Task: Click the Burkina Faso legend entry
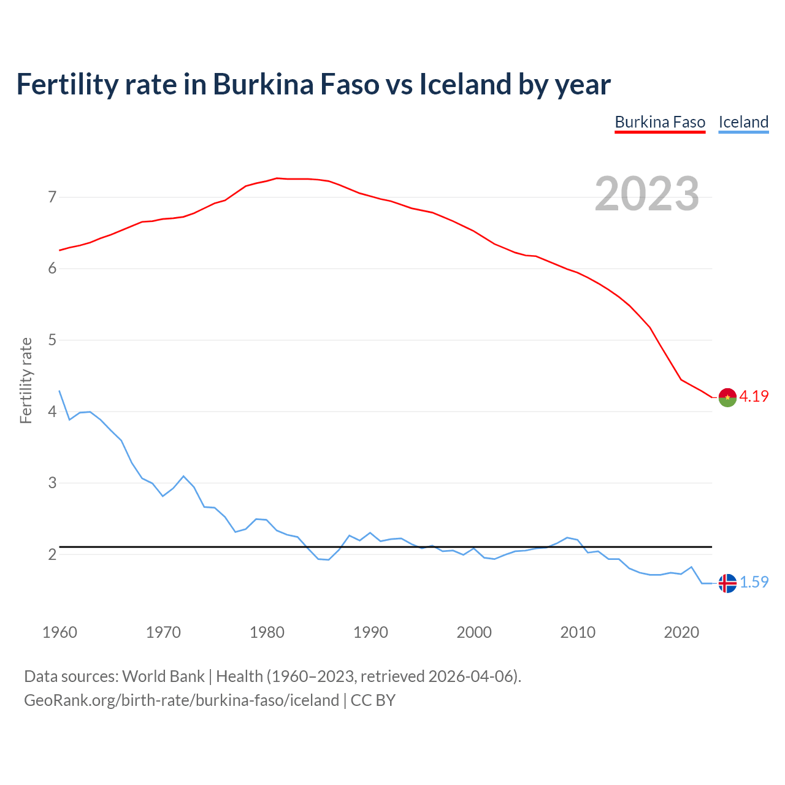(x=660, y=122)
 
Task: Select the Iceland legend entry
(x=743, y=122)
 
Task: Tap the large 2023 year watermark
(x=647, y=194)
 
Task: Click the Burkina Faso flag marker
(x=727, y=397)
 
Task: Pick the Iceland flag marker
(x=727, y=583)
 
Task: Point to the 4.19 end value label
(x=754, y=397)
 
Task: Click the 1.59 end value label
(x=754, y=583)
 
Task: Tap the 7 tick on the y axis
(x=52, y=197)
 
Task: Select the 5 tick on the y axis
(x=52, y=340)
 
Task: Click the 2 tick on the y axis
(x=52, y=554)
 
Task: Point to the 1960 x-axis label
(x=59, y=632)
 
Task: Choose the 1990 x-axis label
(x=370, y=632)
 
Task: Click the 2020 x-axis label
(x=681, y=632)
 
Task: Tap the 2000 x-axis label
(x=474, y=632)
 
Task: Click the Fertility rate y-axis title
(x=26, y=380)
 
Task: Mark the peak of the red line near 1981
(x=277, y=178)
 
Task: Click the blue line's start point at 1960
(x=59, y=391)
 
